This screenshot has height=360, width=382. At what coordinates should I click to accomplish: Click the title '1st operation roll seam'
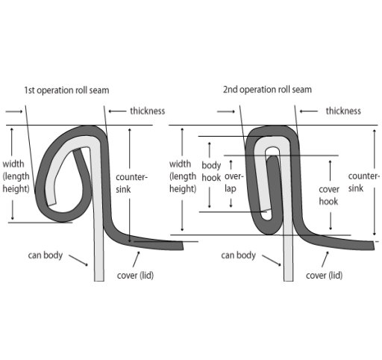[x=66, y=90]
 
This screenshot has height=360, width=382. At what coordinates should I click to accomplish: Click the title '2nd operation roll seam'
[x=267, y=90]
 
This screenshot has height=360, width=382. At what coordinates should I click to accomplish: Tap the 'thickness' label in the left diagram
[x=148, y=111]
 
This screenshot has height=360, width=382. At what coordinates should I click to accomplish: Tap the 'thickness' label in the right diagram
[x=343, y=111]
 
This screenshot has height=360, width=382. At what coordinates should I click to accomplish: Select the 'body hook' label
[x=211, y=172]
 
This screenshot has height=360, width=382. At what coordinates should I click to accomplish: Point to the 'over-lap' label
[x=234, y=182]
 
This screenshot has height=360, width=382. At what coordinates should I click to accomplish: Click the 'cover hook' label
[x=329, y=196]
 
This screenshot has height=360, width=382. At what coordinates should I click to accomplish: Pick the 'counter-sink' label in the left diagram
[x=131, y=183]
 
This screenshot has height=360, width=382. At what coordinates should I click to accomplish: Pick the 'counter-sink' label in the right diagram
[x=363, y=182]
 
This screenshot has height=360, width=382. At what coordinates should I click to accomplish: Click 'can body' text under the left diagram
[x=46, y=255]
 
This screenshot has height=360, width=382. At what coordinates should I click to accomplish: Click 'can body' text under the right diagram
[x=238, y=255]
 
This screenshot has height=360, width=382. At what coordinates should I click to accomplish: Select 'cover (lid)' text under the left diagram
[x=135, y=276]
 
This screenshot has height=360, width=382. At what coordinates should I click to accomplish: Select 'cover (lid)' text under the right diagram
[x=325, y=276]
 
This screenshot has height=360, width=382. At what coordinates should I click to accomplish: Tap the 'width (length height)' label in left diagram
[x=16, y=176]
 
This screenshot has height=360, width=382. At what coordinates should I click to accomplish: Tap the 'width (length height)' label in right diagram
[x=183, y=176]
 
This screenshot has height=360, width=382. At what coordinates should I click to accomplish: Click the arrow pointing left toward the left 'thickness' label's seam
[x=117, y=111]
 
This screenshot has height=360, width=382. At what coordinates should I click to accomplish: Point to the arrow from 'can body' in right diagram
[x=272, y=261]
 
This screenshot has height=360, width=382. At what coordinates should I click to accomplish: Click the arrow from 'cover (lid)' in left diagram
[x=136, y=259]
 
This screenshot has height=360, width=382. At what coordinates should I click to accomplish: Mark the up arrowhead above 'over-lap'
[x=231, y=162]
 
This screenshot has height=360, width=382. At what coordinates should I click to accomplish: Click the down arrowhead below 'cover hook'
[x=331, y=228]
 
